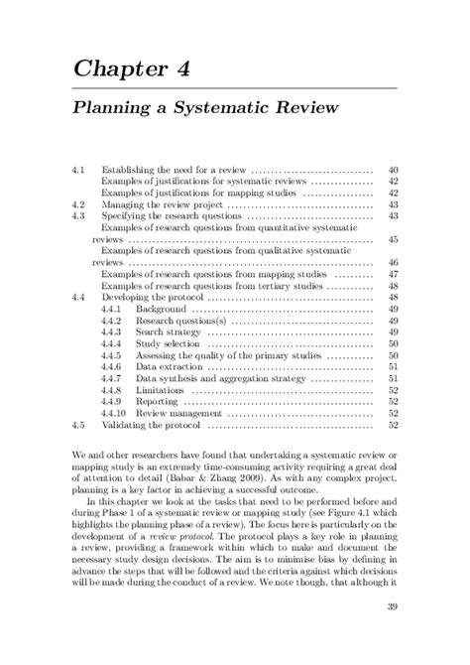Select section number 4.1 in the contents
coord(80,170)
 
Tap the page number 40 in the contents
coord(393,170)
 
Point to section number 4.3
coord(80,215)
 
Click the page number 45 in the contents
coord(393,239)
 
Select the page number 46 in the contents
coord(393,262)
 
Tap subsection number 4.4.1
coord(111,309)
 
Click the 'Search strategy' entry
coord(170,332)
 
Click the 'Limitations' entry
coord(161,390)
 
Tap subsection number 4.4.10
coord(114,413)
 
